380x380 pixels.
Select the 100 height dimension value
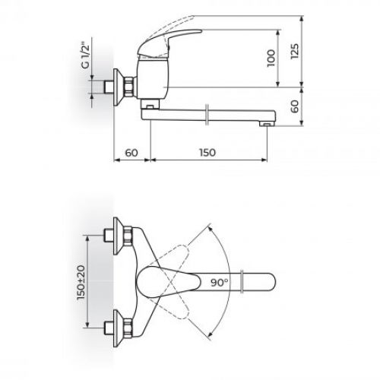tap(272, 59)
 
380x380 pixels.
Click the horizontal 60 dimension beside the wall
tap(132, 153)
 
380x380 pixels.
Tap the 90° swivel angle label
tap(221, 282)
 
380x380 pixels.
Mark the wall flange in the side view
tap(118, 83)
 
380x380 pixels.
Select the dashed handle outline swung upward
tap(182, 255)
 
